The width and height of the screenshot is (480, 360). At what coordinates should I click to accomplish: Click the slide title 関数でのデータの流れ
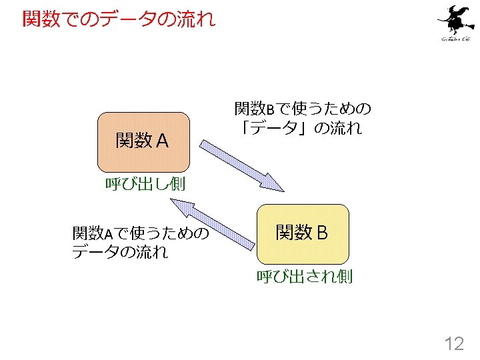(x=119, y=19)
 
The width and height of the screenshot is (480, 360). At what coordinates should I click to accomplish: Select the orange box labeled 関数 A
(x=143, y=142)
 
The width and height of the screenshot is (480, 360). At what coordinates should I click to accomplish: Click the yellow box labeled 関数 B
(x=303, y=233)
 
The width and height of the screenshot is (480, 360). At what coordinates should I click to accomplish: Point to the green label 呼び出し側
(x=145, y=185)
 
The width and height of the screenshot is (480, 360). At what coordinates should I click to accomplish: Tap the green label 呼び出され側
(x=305, y=276)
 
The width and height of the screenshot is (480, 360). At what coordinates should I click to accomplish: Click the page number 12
(x=454, y=344)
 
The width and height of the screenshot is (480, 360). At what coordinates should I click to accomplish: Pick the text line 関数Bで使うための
(x=302, y=108)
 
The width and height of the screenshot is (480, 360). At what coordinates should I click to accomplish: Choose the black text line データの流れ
(x=119, y=252)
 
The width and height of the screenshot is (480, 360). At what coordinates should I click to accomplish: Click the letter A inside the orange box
(x=162, y=141)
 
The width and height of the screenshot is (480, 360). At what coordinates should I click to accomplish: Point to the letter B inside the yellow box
(x=322, y=233)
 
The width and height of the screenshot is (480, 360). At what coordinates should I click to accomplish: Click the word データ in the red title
(x=136, y=19)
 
